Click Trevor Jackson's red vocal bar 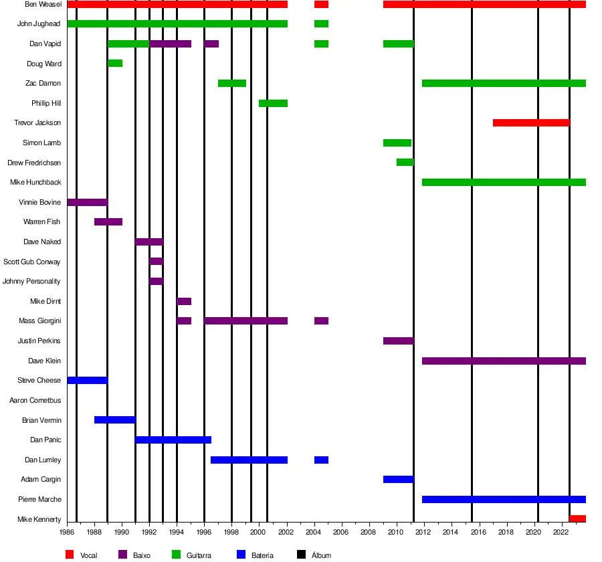(531, 123)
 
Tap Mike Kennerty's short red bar (578, 519)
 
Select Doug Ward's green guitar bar (115, 64)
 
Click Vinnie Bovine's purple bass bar (87, 202)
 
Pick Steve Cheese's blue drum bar (87, 381)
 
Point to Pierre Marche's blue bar (504, 500)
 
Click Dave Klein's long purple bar (504, 361)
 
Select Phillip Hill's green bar (273, 103)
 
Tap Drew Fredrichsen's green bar (405, 163)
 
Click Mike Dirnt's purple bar (184, 302)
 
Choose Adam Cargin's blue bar (398, 480)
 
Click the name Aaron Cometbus (35, 400)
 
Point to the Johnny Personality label (31, 282)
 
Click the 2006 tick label (341, 533)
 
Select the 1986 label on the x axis (67, 533)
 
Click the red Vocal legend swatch (70, 555)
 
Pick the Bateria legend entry (262, 555)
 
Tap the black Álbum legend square (301, 555)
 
